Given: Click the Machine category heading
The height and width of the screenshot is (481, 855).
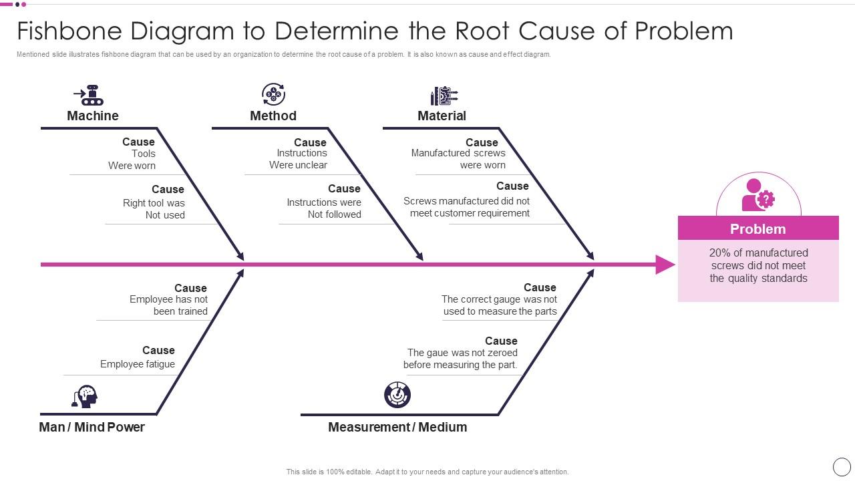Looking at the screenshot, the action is click(x=93, y=116).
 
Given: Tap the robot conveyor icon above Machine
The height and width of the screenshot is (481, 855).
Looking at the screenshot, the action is click(x=89, y=95).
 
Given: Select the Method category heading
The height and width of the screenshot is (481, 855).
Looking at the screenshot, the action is click(x=273, y=116).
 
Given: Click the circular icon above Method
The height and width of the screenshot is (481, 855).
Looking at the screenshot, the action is click(x=273, y=94).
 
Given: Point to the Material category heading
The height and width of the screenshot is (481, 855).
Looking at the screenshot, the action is click(x=442, y=116).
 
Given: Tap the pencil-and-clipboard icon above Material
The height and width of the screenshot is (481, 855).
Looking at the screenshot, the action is click(x=444, y=96).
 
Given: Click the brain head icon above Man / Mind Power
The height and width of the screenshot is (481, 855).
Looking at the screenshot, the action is click(x=85, y=396).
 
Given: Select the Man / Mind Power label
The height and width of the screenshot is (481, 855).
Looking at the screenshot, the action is click(x=92, y=427).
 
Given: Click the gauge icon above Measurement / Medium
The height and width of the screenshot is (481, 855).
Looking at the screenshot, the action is click(x=397, y=395).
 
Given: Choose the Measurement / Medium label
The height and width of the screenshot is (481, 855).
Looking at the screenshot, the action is click(x=397, y=427).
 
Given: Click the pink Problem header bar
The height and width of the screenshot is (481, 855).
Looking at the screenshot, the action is click(x=758, y=228).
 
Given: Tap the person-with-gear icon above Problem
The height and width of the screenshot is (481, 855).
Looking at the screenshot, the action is click(x=758, y=195).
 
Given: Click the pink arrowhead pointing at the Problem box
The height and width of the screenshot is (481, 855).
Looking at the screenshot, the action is click(x=665, y=265).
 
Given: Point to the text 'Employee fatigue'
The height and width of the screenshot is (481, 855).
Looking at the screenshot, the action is click(x=138, y=364).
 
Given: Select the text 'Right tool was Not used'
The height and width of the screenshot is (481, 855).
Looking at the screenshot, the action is click(x=154, y=209).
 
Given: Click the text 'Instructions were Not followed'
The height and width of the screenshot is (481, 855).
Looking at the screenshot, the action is click(x=324, y=208).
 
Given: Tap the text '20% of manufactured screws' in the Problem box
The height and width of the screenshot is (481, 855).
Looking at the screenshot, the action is click(x=758, y=259).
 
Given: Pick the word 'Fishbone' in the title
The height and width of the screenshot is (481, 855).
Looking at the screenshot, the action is click(x=69, y=31).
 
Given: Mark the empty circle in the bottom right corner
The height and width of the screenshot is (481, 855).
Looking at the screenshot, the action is click(x=842, y=467).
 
